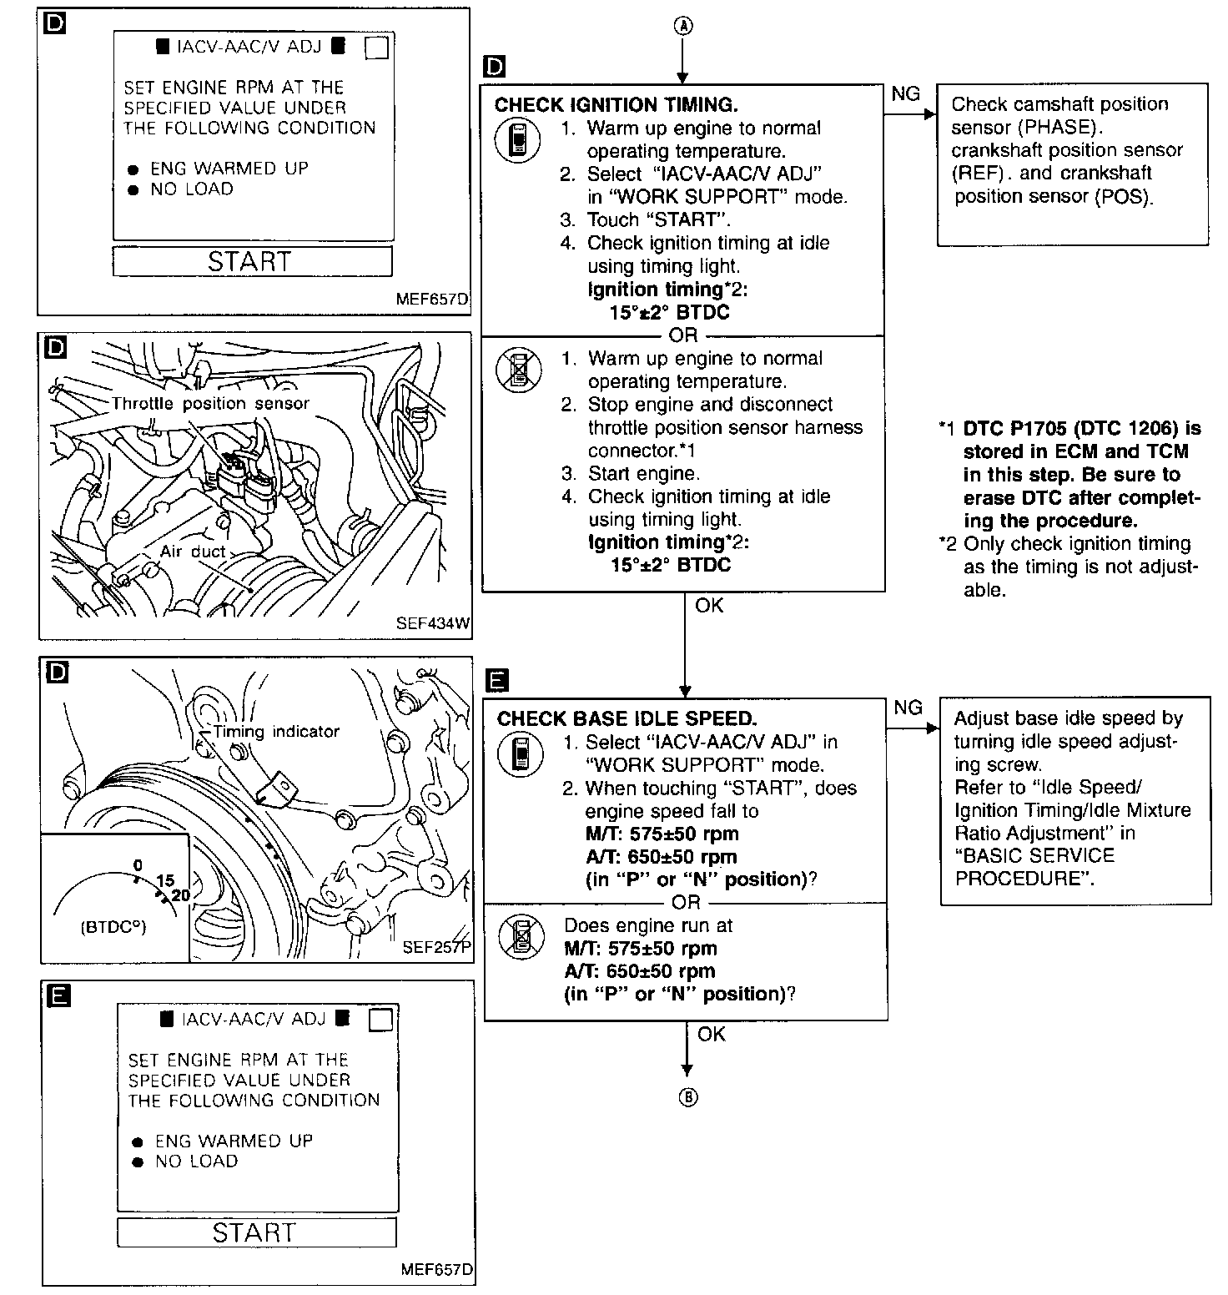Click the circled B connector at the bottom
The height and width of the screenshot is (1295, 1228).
(687, 1098)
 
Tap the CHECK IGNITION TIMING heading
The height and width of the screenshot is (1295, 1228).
(616, 105)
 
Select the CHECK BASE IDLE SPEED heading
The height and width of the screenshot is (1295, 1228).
(627, 718)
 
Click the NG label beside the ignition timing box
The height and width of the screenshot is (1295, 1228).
(905, 94)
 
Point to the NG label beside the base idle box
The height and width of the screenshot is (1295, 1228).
(908, 708)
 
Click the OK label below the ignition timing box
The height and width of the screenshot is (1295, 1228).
(709, 606)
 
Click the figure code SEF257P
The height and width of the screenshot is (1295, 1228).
(436, 947)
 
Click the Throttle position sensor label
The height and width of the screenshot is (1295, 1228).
(210, 404)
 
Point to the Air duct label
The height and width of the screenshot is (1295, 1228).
(192, 552)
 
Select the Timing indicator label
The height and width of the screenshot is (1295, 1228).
(276, 732)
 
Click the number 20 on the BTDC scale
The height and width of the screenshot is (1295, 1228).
(180, 895)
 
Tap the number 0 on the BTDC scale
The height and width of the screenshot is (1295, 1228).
(138, 864)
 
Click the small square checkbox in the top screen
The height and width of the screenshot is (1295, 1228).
(377, 48)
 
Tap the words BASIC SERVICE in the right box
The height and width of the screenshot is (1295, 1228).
(1034, 856)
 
